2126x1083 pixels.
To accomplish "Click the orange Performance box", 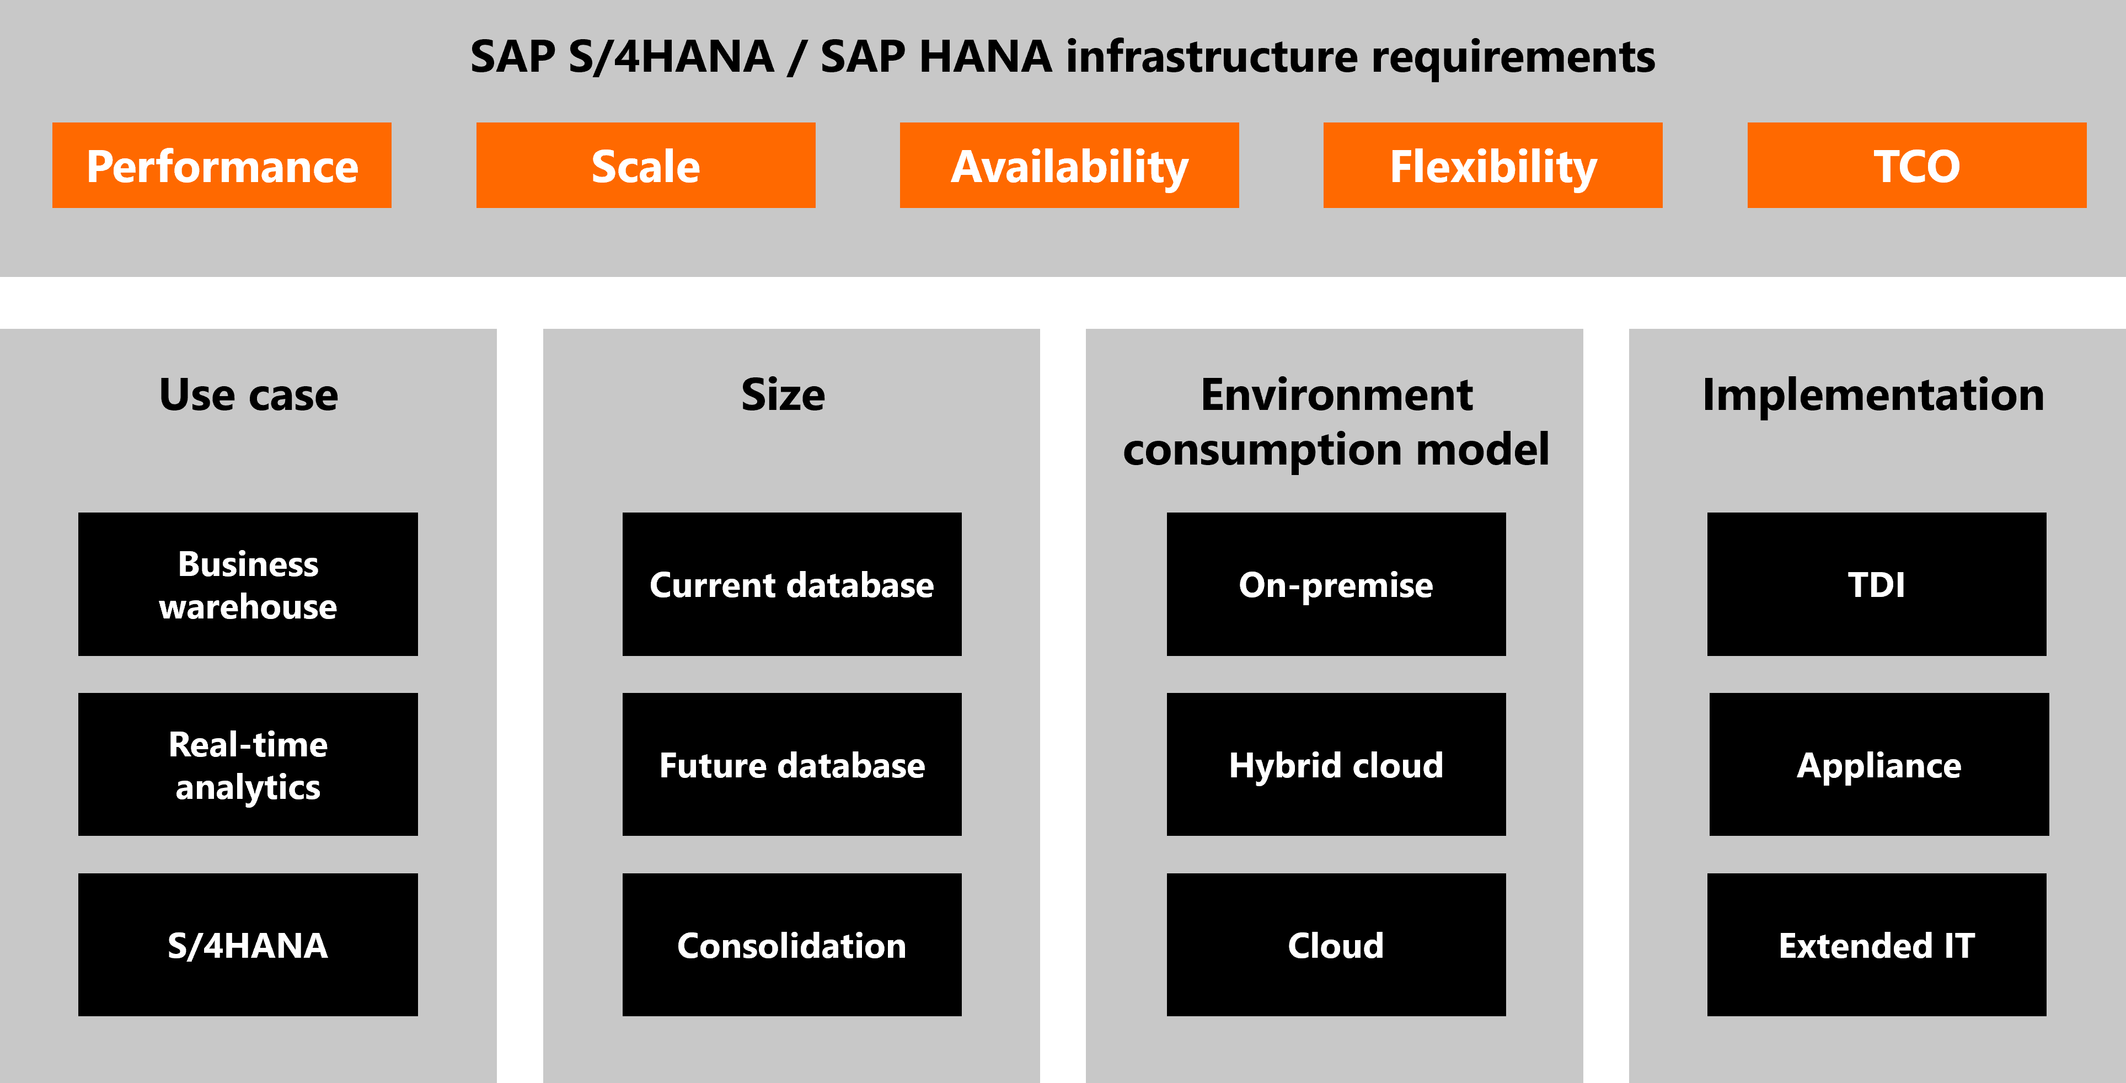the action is pos(221,165).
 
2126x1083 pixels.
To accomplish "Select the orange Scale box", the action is pos(645,165).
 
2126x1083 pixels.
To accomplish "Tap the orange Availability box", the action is pos(1069,165).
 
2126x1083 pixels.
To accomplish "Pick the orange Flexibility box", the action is pos(1492,165).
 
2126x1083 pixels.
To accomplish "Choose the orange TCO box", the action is pos(1916,165).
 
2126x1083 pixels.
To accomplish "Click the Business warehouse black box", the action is pos(248,584).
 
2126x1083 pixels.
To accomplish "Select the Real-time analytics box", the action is pos(248,764).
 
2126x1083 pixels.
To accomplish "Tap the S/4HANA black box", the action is pos(248,945).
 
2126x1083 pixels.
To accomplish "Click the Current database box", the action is pos(791,584).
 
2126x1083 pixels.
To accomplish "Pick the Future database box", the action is pos(791,764).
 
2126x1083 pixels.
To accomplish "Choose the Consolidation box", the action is pos(791,945).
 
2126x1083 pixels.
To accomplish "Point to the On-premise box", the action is pos(1336,584).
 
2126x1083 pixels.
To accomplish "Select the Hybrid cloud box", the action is pos(1336,764).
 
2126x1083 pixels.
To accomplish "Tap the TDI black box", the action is pos(1877,584).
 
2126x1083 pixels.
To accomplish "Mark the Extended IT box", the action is pos(1877,945).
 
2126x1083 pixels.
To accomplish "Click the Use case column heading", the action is pos(248,394).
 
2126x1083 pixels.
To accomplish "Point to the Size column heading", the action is pos(783,394).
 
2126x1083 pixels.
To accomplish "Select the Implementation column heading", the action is pos(1873,394).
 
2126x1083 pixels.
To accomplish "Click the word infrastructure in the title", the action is pos(1212,56).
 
